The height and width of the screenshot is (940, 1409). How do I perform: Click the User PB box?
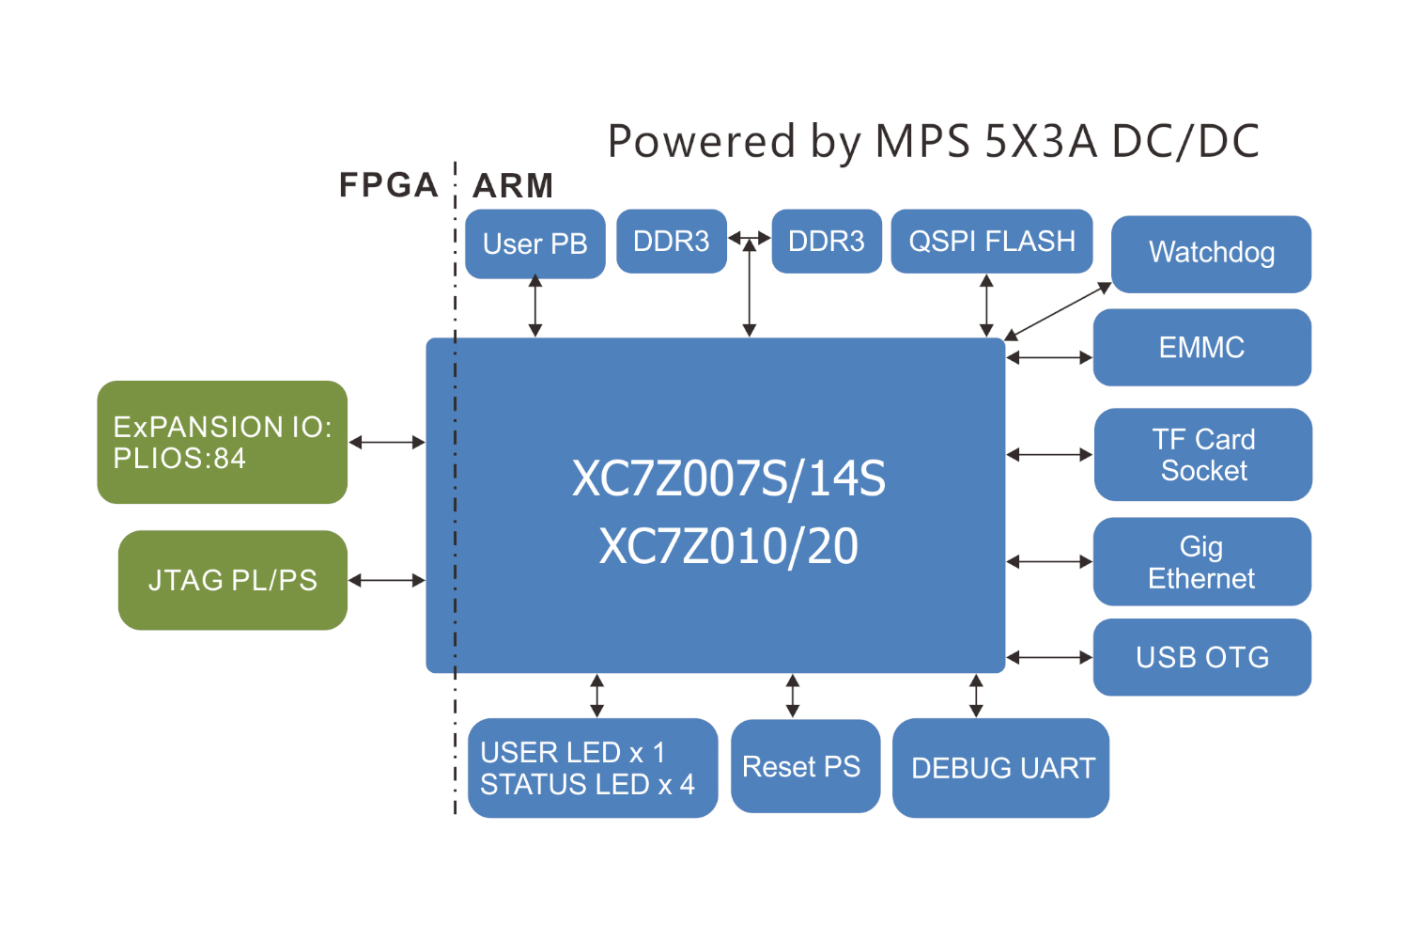pyautogui.click(x=534, y=243)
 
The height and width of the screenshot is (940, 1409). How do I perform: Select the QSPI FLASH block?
pyautogui.click(x=991, y=242)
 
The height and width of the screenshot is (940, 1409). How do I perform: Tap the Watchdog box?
pyautogui.click(x=1211, y=254)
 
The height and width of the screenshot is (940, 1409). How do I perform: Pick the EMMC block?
pyautogui.click(x=1201, y=348)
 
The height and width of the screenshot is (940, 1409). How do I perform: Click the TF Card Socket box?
pyautogui.click(x=1202, y=455)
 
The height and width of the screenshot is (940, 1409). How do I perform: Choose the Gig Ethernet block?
pyautogui.click(x=1201, y=562)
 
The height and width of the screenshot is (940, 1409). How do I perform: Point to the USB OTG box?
pyautogui.click(x=1201, y=657)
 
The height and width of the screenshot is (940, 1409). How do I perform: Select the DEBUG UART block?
pyautogui.click(x=1000, y=768)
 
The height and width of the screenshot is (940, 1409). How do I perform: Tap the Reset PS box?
pyautogui.click(x=805, y=766)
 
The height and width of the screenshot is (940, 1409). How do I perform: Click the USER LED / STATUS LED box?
pyautogui.click(x=592, y=768)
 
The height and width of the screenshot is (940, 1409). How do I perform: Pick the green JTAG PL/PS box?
pyautogui.click(x=233, y=580)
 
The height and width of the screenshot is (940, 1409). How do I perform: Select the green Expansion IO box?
pyautogui.click(x=223, y=443)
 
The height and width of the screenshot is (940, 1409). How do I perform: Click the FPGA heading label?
pyautogui.click(x=388, y=185)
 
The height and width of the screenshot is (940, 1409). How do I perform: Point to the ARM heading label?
pyautogui.click(x=513, y=185)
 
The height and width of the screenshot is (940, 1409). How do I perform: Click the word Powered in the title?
pyautogui.click(x=701, y=142)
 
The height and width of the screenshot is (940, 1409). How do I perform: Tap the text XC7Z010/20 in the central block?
pyautogui.click(x=729, y=547)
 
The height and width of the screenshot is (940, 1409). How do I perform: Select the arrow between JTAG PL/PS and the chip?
pyautogui.click(x=386, y=581)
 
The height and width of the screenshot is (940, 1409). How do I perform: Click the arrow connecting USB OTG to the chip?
pyautogui.click(x=1049, y=657)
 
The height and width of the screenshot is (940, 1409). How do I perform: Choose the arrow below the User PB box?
pyautogui.click(x=535, y=305)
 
